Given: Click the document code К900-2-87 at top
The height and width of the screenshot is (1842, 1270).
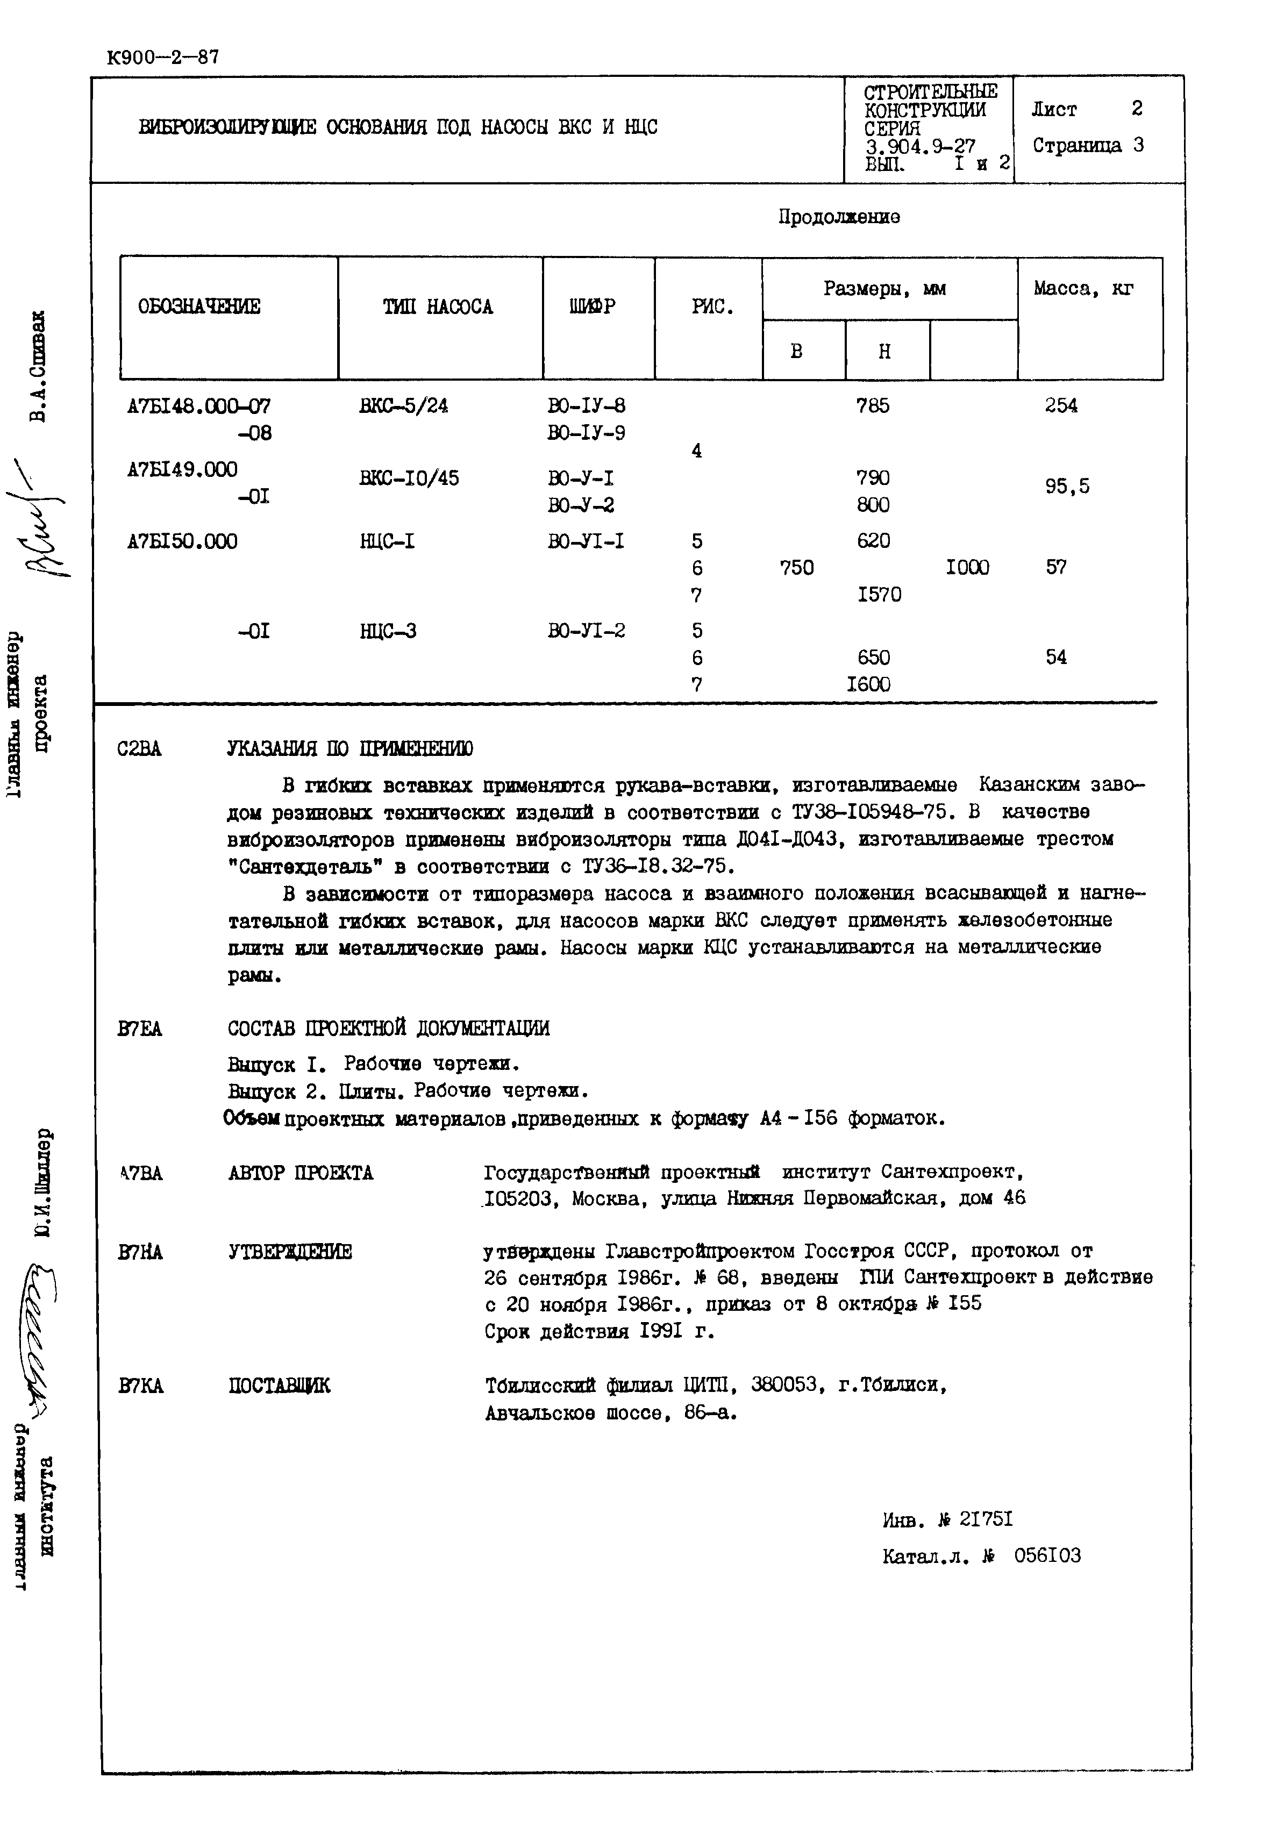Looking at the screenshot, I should click(162, 58).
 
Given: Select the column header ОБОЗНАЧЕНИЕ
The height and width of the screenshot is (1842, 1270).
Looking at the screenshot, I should click(199, 307).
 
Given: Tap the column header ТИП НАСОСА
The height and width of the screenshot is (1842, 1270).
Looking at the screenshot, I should click(438, 307).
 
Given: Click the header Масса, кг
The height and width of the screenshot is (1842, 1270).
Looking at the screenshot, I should click(1084, 289).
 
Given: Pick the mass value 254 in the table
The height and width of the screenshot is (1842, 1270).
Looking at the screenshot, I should click(1061, 406).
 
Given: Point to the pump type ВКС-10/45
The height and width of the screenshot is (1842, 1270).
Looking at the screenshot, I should click(409, 478).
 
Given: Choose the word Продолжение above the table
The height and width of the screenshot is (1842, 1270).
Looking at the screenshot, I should click(839, 217).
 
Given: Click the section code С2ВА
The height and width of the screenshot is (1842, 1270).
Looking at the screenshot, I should click(139, 749).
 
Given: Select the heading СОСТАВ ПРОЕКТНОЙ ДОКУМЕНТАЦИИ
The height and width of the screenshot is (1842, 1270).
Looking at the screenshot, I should click(388, 1029).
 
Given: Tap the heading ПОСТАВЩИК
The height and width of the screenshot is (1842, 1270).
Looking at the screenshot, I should click(279, 1386).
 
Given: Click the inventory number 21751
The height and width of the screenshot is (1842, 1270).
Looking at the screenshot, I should click(986, 1520).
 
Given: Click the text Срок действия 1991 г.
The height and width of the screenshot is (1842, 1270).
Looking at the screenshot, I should click(599, 1331).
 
